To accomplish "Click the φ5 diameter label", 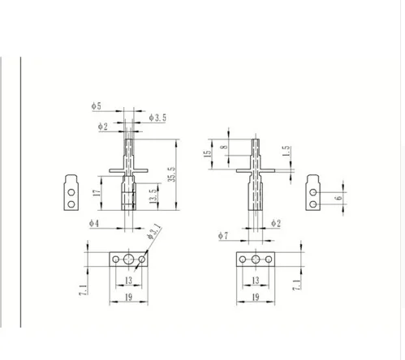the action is [96, 106].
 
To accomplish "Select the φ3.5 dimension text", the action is [157, 118].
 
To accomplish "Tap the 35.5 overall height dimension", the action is [172, 174].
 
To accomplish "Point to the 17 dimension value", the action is [97, 193].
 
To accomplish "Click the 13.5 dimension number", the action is [153, 195].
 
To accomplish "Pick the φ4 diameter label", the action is [94, 223].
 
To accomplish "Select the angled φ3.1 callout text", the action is [154, 231].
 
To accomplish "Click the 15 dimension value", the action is [207, 153].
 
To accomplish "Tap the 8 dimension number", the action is [224, 148].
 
